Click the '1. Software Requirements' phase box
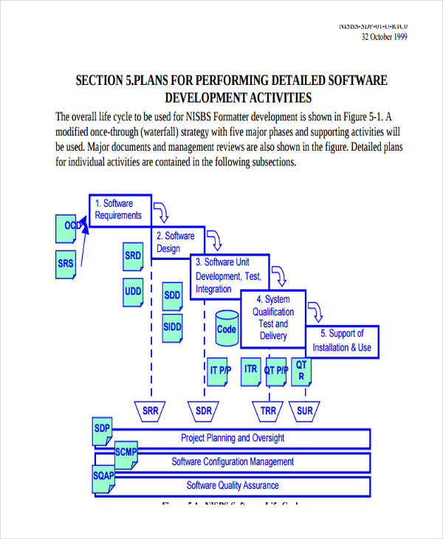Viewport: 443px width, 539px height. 120,209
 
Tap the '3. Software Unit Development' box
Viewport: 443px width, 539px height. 229,276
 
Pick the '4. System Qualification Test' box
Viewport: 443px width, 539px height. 273,317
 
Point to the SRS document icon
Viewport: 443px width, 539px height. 66,264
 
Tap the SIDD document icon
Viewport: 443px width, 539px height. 172,326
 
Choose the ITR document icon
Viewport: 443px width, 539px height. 251,370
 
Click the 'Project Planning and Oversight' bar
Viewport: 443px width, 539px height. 233,439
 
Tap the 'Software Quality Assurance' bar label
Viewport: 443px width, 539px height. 233,486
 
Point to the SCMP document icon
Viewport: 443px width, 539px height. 125,453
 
